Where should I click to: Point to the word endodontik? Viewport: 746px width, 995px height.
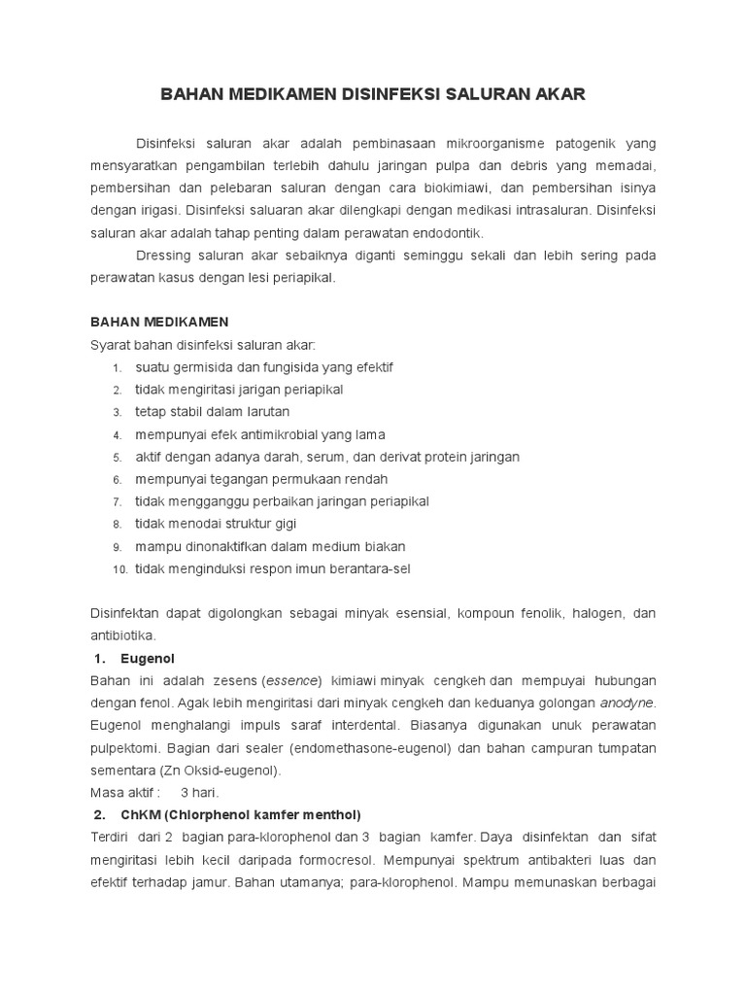[440, 232]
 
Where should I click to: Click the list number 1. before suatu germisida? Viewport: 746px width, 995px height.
[116, 367]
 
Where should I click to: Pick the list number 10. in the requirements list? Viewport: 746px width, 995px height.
[119, 569]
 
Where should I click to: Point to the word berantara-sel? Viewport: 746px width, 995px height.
[366, 568]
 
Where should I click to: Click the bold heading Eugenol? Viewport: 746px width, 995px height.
[148, 658]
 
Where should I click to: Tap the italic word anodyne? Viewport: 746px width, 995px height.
[627, 703]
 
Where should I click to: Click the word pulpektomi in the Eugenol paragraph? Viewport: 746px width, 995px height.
[121, 747]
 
